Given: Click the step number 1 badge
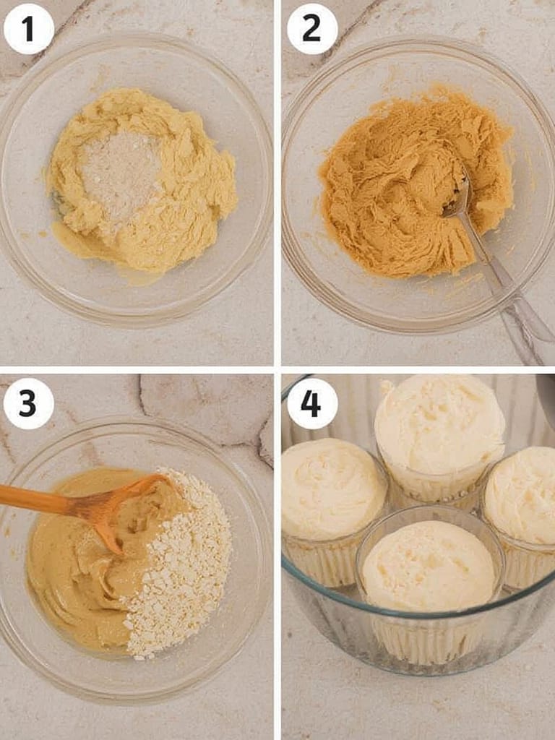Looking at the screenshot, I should pyautogui.click(x=28, y=29).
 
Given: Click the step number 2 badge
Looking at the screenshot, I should pyautogui.click(x=312, y=29).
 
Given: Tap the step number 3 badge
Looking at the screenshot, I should pyautogui.click(x=28, y=403).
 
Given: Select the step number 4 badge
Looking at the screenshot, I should pyautogui.click(x=312, y=403).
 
